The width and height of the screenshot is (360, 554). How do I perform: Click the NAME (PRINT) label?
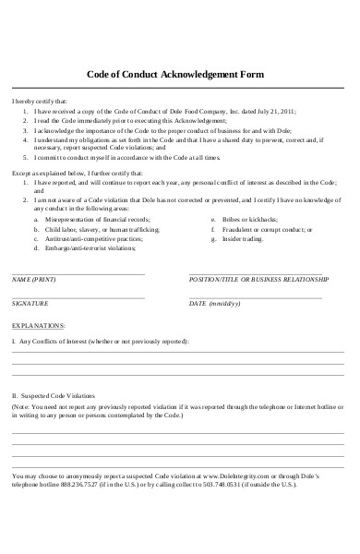32,279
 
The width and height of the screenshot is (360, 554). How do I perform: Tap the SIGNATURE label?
31,302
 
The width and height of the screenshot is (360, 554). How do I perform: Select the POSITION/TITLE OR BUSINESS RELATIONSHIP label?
258,279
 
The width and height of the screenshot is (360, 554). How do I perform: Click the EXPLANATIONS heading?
38,325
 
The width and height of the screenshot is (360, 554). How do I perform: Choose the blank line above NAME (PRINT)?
78,273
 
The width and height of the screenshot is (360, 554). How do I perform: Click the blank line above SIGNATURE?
78,296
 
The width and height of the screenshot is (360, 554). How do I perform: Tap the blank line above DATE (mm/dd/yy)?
256,296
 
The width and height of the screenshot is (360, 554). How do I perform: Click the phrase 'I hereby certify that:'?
38,100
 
